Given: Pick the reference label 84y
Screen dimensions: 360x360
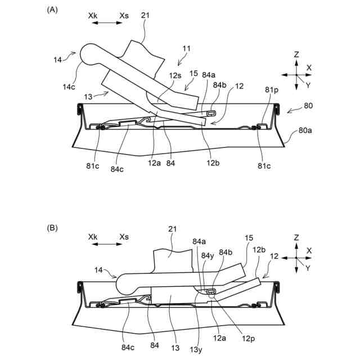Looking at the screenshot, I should click(206, 255).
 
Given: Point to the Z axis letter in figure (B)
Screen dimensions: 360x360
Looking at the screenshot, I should click(296, 237).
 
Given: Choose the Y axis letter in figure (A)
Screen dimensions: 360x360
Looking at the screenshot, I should click(308, 85).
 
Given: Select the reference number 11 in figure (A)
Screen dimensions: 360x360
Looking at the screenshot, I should click(186, 49).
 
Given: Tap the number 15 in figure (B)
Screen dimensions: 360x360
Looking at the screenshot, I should click(249, 238).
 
